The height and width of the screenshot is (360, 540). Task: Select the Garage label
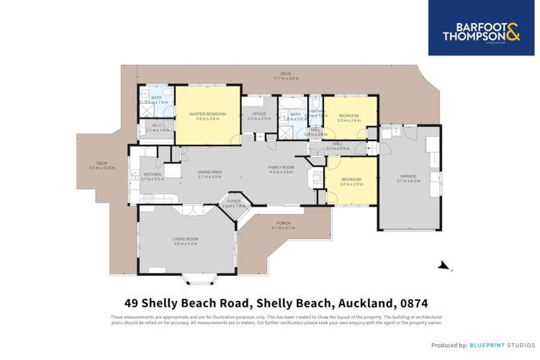pos(408,179)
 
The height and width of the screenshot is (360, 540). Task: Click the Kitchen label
pos(152,176)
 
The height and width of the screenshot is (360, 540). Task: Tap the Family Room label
pos(282,169)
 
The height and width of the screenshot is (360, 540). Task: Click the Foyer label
pos(234,203)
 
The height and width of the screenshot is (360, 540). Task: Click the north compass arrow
pos(445,266)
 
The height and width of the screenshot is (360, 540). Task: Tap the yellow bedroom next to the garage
pos(351,180)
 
